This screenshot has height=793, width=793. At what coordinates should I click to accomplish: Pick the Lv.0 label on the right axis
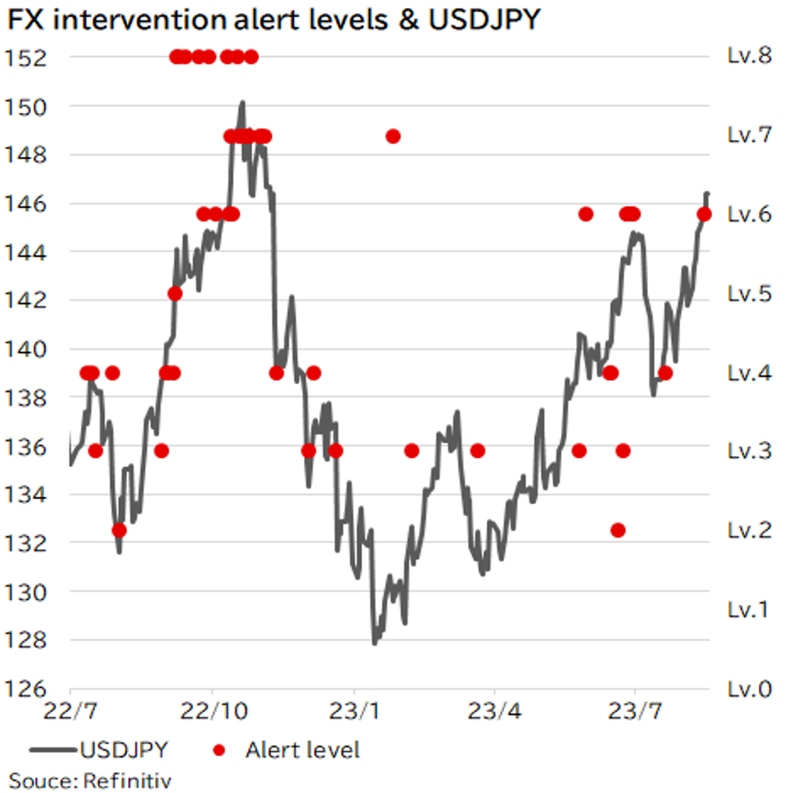point(750,689)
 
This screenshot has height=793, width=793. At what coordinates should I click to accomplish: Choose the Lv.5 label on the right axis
point(750,293)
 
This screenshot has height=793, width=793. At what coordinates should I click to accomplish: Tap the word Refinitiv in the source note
point(126,778)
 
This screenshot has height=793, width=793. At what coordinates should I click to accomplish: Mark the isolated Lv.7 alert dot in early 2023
point(393,137)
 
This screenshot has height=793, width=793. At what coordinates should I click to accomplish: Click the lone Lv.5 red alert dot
point(175,293)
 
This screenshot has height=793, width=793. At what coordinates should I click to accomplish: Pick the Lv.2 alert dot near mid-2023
point(618,530)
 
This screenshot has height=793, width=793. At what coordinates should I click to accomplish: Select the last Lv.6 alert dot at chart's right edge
point(704,214)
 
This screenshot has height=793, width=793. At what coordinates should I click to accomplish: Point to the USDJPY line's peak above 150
point(242,102)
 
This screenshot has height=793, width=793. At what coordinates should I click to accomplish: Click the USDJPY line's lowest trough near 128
point(375,642)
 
